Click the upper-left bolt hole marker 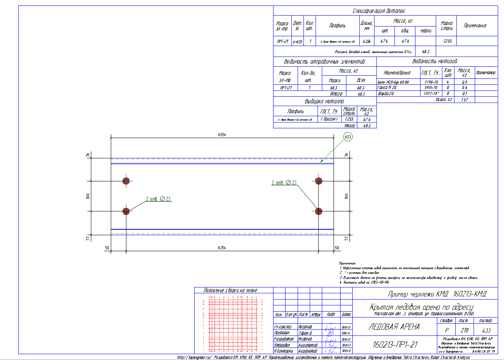(126, 181)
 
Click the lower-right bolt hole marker (319, 211)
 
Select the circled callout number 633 (348, 137)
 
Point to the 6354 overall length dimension (222, 135)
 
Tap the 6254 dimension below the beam (222, 248)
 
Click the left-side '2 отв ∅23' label (158, 199)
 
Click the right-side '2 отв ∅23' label (284, 182)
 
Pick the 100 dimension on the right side (346, 196)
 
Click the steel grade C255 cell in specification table (445, 41)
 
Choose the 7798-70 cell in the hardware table (430, 82)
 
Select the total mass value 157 (464, 100)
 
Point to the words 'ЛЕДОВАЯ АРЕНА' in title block (394, 327)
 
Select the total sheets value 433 (486, 330)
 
